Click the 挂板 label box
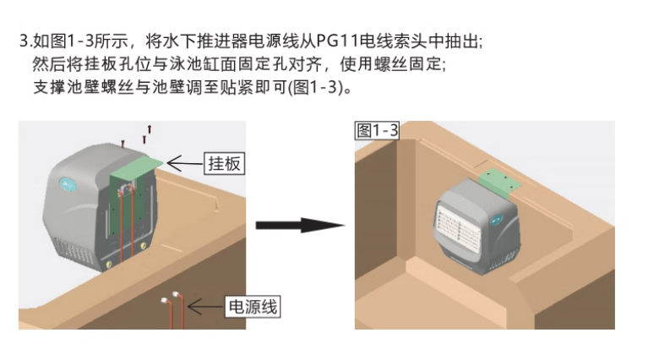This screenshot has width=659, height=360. (224, 164)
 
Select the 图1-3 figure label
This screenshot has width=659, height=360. (378, 130)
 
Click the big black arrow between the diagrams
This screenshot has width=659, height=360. (300, 226)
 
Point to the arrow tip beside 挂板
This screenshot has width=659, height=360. (169, 161)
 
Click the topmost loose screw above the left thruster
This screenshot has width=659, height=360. (150, 129)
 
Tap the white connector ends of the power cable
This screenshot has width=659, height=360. (169, 297)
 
